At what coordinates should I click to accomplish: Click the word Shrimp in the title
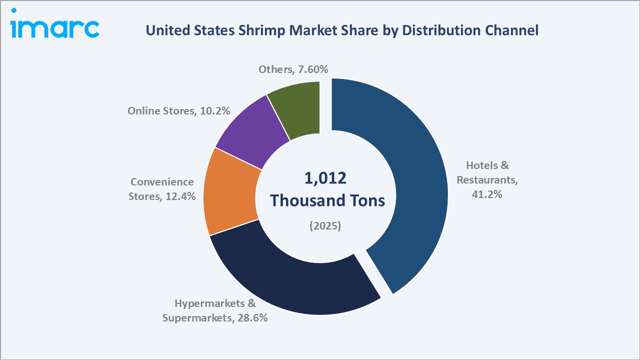point(255,30)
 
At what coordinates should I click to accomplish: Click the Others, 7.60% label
point(293,69)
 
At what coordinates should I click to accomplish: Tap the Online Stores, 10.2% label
point(178,111)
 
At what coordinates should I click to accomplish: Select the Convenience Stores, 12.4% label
point(161,189)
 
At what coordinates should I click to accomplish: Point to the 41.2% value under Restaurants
point(487,194)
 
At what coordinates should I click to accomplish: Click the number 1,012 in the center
point(325,178)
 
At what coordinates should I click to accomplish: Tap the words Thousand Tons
point(327,200)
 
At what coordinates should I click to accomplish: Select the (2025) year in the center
point(325,226)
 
